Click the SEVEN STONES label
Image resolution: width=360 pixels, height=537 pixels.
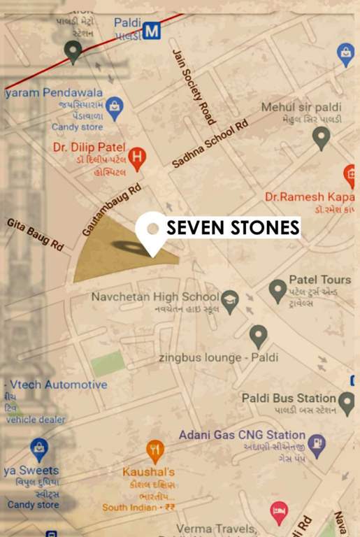pos(232,227)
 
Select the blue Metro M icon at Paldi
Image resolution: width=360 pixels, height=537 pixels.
pos(152,30)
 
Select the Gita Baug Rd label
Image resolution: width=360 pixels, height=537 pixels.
pos(35,234)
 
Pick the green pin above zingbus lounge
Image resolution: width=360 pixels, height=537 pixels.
pos(259,336)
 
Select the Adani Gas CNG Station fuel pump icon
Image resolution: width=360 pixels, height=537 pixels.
pos(317,444)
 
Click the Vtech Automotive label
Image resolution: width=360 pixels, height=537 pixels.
pos(56,385)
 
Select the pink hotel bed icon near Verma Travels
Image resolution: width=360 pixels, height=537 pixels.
pos(279,511)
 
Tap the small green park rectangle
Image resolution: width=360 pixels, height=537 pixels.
pos(108,364)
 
